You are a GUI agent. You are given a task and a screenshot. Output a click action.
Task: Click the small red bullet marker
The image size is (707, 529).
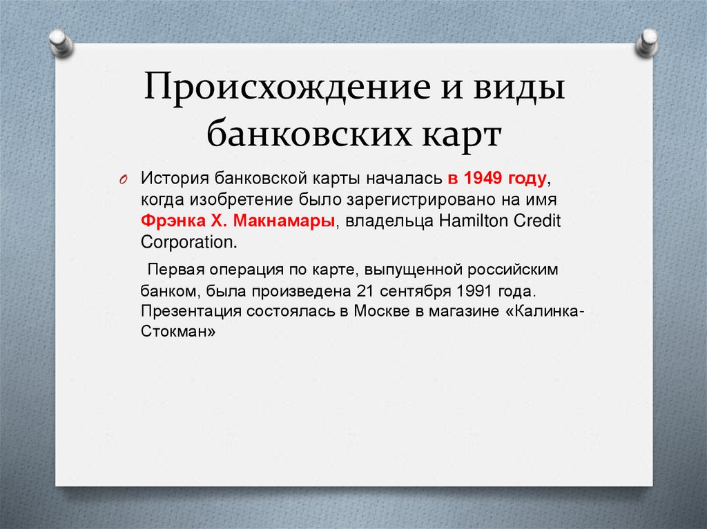(x=122, y=180)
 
